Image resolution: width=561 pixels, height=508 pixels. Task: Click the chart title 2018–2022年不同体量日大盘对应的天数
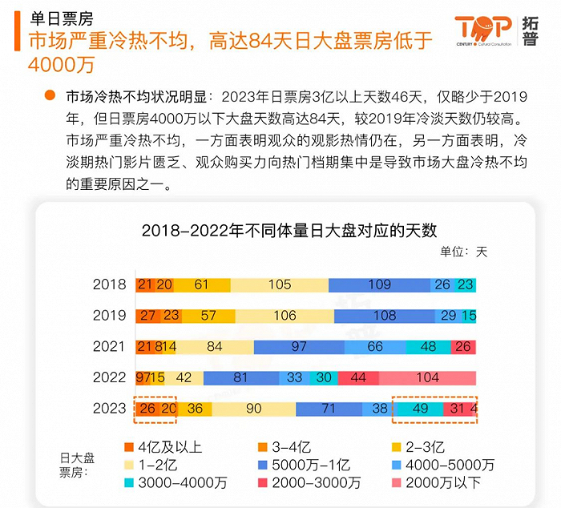[x=290, y=230]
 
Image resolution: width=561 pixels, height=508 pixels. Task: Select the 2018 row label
[x=109, y=284]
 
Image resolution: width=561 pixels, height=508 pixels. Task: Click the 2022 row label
[x=109, y=377]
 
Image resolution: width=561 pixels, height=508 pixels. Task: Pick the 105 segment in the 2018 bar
[x=280, y=284]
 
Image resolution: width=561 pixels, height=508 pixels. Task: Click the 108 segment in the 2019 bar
[x=385, y=316]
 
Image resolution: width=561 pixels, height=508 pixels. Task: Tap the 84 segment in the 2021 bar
[x=214, y=346]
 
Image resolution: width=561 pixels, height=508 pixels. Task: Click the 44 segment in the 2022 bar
[x=358, y=377]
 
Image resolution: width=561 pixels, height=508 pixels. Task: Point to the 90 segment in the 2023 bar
[x=254, y=409]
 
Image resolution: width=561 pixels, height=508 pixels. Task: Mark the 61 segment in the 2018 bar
[x=201, y=284]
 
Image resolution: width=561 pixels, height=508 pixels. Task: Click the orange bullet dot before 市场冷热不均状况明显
[x=50, y=96]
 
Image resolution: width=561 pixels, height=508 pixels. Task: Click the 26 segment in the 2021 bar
[x=462, y=346]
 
